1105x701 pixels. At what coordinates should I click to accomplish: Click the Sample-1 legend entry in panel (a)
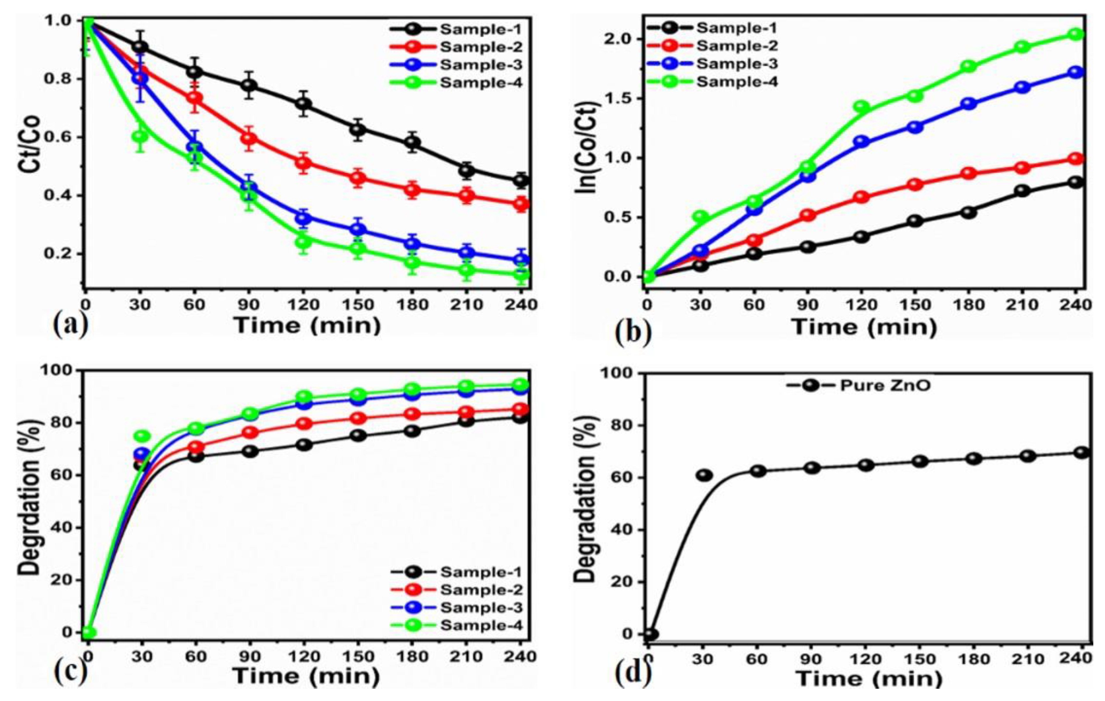(x=480, y=29)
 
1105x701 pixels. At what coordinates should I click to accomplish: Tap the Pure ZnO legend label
(x=885, y=386)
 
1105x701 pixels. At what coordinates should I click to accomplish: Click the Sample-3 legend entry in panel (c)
(x=481, y=608)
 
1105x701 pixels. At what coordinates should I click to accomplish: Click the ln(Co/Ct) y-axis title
(x=589, y=148)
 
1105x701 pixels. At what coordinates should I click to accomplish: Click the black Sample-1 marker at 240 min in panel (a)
(x=521, y=180)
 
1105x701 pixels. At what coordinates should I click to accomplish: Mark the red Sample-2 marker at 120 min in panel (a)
(x=303, y=163)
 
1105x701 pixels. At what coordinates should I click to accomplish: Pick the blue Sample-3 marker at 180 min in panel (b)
(x=969, y=104)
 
